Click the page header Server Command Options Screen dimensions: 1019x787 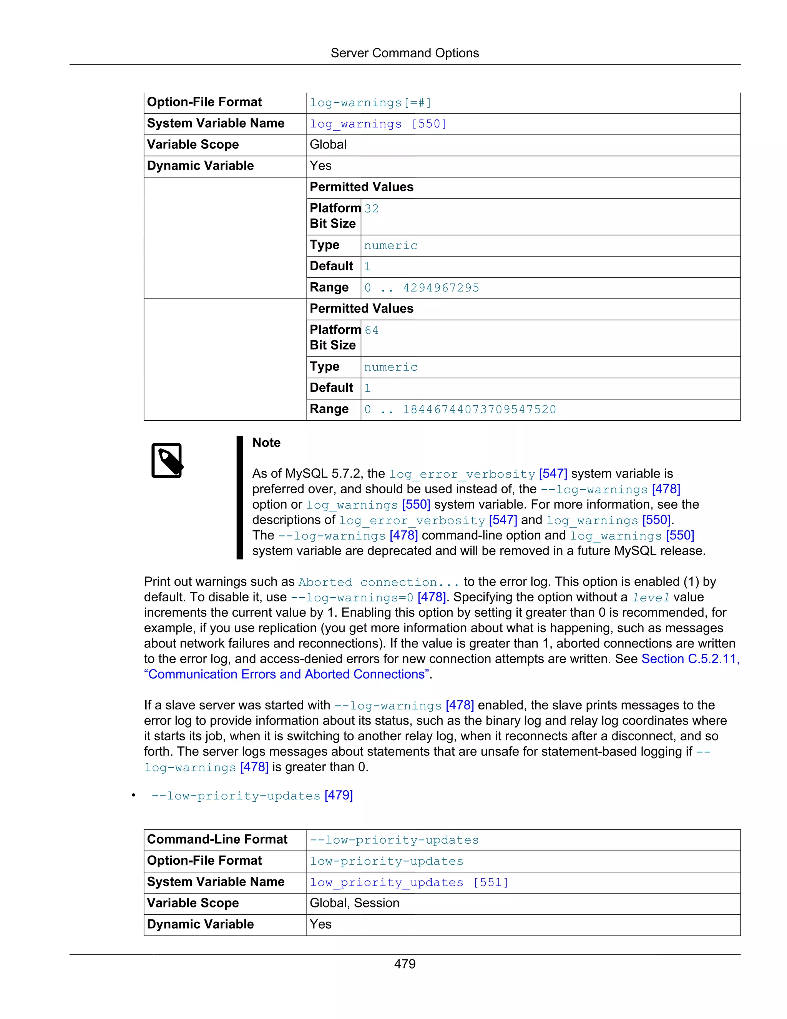pos(404,53)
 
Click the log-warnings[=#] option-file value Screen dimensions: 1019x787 pos(371,103)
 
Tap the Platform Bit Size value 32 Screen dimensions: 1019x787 pos(372,208)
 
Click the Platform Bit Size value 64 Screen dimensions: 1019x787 pos(372,330)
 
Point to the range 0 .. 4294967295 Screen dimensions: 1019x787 pos(422,288)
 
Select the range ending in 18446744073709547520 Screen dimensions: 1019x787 pos(460,410)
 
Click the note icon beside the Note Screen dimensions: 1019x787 pos(167,461)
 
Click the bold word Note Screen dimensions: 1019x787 pos(266,443)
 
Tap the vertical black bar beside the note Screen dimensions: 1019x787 pos(240,497)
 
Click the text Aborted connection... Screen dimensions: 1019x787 pos(378,582)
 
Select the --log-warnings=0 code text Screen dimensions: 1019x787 pos(352,598)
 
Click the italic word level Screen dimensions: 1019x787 pos(651,598)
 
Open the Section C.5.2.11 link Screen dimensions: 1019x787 pos(690,659)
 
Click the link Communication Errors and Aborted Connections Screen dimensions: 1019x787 pos(287,675)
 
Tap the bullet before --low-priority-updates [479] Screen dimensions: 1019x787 pos(133,796)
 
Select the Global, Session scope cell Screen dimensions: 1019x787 pos(354,903)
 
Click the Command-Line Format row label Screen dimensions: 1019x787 pos(217,839)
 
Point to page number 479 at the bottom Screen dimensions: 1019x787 pos(404,964)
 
